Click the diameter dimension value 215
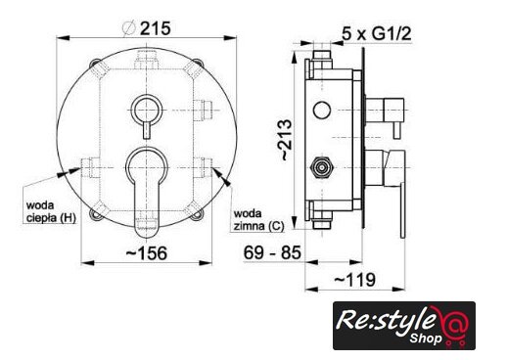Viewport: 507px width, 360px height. point(155,28)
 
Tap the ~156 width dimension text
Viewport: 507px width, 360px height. point(147,253)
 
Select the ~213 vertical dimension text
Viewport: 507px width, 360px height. point(286,140)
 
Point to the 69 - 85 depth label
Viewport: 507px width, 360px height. point(272,252)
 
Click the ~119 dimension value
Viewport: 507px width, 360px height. point(354,280)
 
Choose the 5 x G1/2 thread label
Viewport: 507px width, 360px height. point(377,33)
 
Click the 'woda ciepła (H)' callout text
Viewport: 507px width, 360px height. point(51,211)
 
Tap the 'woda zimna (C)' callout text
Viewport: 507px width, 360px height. point(258,220)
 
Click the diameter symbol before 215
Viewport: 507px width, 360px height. point(129,28)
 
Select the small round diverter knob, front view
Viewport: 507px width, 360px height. point(147,110)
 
